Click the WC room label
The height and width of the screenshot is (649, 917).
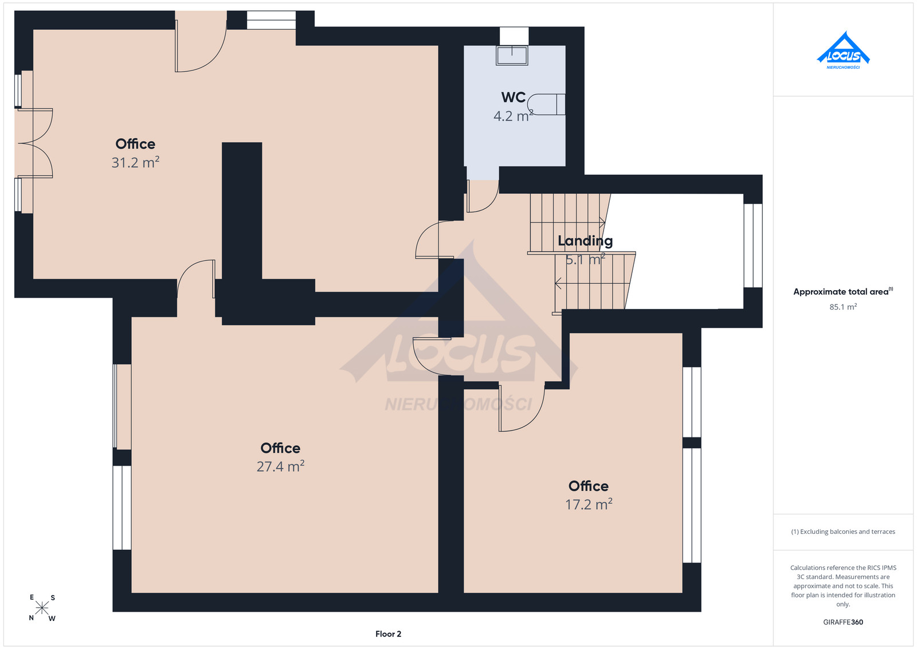coord(514,97)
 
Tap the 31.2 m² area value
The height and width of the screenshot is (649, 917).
coord(135,163)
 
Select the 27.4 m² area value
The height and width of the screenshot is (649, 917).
coord(280,466)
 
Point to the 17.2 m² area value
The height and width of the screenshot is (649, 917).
coord(589,504)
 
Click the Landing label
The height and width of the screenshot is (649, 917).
coord(585,241)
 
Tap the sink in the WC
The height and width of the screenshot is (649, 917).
coord(512,55)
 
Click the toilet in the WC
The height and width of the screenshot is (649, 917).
coord(547,104)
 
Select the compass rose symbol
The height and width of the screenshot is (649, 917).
coord(42,608)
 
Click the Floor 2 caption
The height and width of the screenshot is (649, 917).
coord(388,634)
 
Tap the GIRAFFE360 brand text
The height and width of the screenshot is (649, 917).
coord(843,622)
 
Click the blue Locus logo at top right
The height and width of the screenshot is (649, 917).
coord(843,50)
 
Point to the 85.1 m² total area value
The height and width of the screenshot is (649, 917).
coord(843,307)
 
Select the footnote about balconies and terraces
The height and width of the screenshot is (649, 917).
coord(843,531)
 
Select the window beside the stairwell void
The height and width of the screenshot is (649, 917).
coord(753,246)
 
